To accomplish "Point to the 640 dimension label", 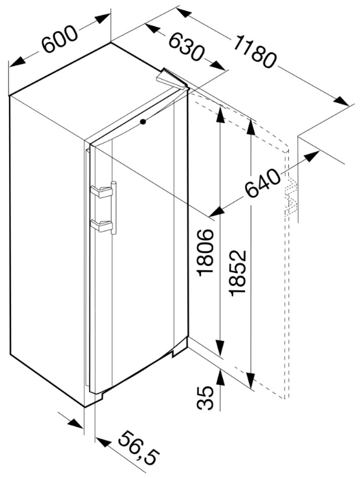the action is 262,183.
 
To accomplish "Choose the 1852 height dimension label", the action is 238,272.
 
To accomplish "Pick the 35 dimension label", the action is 205,398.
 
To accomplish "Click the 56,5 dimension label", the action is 138,453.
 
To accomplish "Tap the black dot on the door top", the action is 143,122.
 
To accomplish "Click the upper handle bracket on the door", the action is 101,191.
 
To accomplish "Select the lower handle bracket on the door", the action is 101,226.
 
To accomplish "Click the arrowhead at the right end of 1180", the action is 341,100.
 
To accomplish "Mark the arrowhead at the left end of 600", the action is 17,61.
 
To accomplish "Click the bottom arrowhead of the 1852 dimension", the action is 251,381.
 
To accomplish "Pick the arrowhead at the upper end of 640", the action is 312,156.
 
